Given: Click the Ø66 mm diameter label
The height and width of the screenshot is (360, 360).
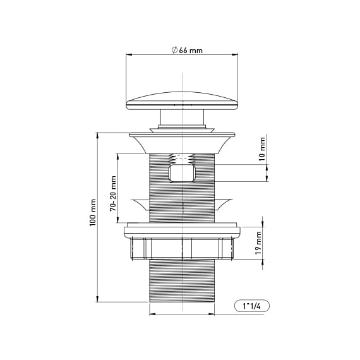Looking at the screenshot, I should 187,51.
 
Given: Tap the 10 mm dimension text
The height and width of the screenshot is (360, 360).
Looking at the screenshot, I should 262,152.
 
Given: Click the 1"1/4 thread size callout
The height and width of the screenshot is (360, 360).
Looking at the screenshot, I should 251,306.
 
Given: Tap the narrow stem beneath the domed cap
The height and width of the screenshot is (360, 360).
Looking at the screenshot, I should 182,119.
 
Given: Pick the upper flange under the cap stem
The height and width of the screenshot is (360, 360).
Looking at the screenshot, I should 182,136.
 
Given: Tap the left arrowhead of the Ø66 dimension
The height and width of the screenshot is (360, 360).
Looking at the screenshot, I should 128,54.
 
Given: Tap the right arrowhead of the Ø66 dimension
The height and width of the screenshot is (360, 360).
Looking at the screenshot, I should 239,54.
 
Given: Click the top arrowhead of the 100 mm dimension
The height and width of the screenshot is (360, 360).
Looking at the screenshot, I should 97,135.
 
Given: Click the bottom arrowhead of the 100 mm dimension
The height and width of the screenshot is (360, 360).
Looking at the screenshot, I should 97,301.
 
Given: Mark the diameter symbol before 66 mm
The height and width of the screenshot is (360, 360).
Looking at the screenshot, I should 174,51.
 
